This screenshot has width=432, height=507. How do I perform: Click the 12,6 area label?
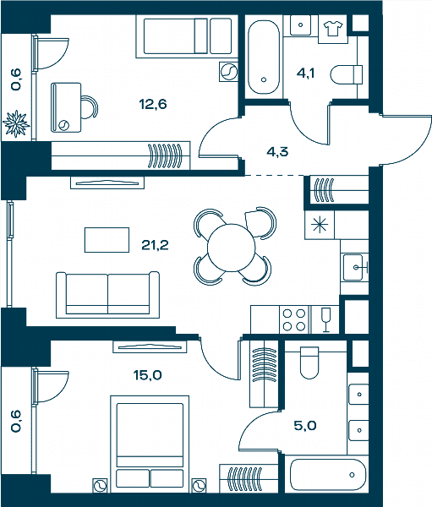coord(153,105)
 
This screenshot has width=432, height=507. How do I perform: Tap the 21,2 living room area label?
coord(155,245)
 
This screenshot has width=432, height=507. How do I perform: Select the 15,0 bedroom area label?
coord(148,375)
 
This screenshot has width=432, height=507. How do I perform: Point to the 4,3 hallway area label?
coord(277,151)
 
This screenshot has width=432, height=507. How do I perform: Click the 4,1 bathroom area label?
coord(305,74)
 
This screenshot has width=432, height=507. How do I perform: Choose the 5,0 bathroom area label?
coord(305,426)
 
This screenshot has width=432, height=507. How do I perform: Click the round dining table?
coord(231,248)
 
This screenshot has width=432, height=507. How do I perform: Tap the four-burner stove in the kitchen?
coord(294,319)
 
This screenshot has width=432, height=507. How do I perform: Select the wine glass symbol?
coord(325,319)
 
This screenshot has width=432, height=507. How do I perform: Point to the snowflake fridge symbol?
coord(319,224)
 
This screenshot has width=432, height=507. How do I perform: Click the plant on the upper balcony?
coord(16,124)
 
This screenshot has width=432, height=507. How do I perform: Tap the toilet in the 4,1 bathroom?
coord(347,74)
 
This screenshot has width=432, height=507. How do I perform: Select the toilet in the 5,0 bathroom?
coord(309,363)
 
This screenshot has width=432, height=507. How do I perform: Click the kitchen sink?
coord(355,267)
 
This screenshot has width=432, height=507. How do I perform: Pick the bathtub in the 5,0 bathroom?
coord(328,475)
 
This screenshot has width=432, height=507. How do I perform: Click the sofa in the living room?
coord(107,295)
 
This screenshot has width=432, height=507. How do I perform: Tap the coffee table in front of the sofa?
coord(107,240)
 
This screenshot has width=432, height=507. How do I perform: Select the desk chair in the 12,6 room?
coord(89,107)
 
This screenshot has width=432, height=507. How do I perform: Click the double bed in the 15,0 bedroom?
coord(150,444)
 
